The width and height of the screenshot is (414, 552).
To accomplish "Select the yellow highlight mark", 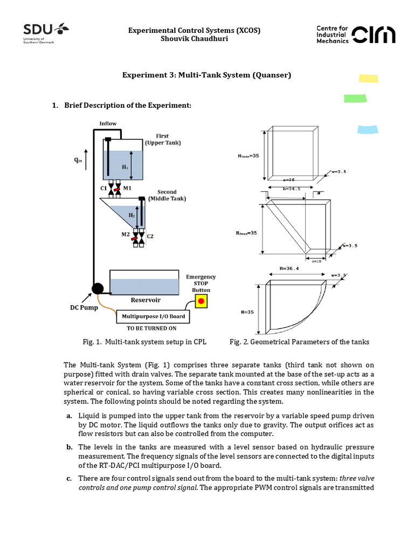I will [369, 79].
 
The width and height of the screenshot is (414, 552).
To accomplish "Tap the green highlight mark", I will [355, 98].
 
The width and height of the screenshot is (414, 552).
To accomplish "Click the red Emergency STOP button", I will [202, 301].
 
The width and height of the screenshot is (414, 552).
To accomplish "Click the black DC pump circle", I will [98, 288].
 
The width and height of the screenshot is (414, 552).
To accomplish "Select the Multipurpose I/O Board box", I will [154, 316].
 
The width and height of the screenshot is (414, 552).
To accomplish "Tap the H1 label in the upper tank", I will [125, 168].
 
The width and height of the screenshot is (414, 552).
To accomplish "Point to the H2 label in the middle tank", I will [132, 215].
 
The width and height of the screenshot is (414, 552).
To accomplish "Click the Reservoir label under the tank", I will [146, 300].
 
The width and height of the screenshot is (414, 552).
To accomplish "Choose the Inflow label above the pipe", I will [108, 123].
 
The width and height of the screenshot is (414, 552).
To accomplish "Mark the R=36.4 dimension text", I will [289, 267].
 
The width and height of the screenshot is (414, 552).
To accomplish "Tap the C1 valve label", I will [103, 188].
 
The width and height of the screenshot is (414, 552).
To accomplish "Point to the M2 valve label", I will [126, 234].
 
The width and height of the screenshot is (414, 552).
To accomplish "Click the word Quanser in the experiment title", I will [271, 75].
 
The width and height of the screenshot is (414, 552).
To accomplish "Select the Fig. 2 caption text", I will [299, 342].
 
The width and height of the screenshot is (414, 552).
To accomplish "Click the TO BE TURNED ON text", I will [151, 328].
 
